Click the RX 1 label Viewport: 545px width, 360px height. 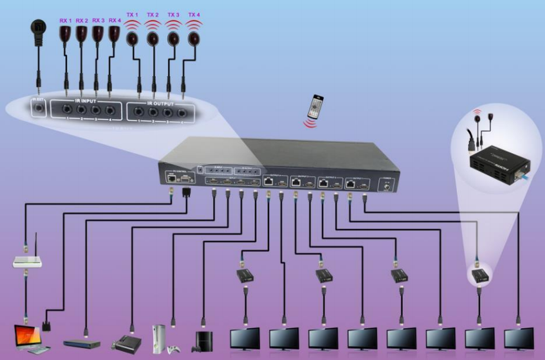66,20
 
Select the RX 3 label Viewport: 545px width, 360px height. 98,20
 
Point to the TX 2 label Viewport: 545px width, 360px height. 153,15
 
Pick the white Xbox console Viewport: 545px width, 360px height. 159,339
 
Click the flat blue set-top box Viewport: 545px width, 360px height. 82,343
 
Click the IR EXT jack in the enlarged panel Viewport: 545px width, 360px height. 38,109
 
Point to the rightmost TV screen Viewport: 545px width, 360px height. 519,338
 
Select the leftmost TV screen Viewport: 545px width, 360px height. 245,338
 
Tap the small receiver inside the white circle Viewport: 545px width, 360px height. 480,275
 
